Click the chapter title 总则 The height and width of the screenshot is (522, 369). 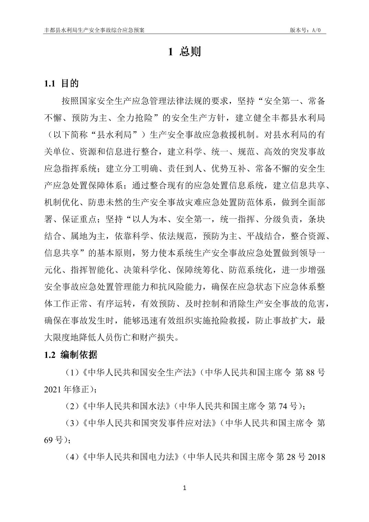[x=190, y=52]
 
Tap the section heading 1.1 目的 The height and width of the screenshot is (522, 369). [x=61, y=83]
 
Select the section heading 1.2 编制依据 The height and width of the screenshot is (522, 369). [x=70, y=355]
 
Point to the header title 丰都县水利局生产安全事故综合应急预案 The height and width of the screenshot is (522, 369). [x=94, y=30]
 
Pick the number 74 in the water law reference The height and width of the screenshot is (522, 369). [x=282, y=406]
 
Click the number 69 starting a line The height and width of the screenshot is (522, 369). [x=49, y=440]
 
